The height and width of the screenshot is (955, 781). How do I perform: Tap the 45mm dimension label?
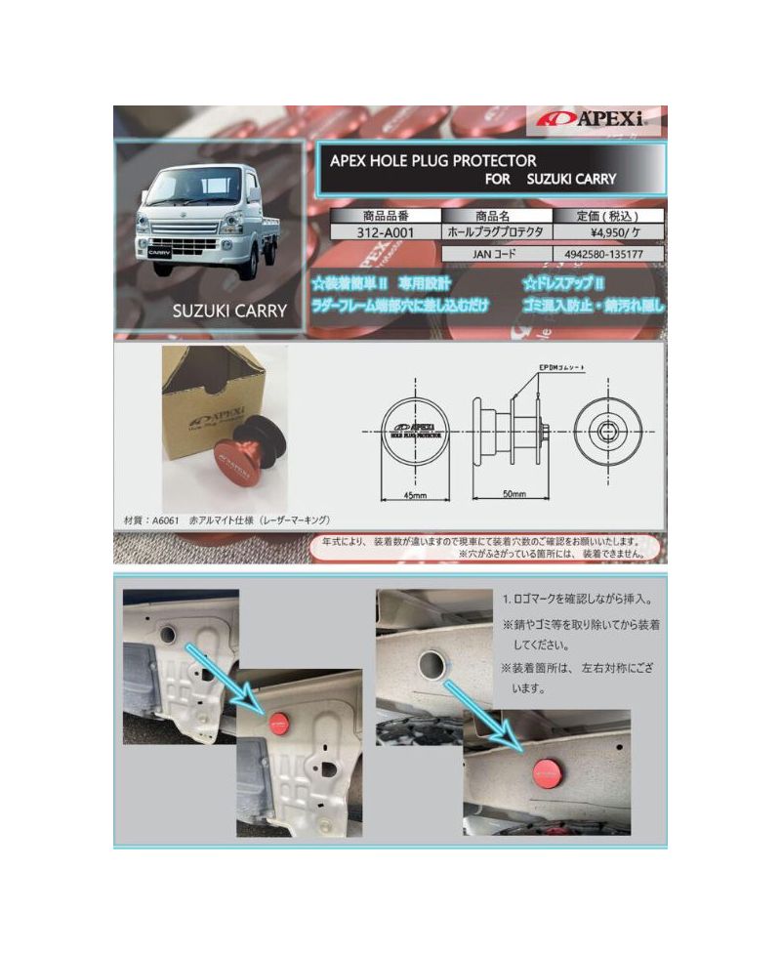414,494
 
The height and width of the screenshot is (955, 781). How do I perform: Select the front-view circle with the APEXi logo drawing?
415,431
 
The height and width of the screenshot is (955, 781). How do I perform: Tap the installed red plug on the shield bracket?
278,724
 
